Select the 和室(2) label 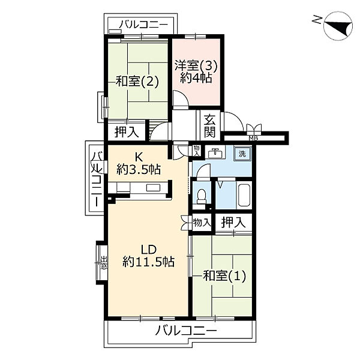click(x=137, y=82)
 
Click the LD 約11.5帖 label click(x=148, y=254)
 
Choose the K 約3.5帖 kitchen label click(x=138, y=164)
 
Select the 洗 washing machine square click(x=242, y=154)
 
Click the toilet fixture click(x=203, y=196)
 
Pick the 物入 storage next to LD click(x=200, y=222)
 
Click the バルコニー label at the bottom click(x=183, y=331)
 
